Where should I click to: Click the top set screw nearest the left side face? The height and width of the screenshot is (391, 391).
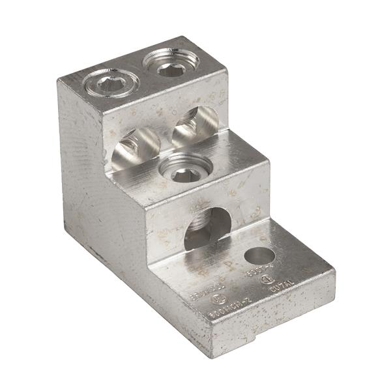[x=111, y=82]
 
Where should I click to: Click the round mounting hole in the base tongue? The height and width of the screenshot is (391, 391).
[x=259, y=255]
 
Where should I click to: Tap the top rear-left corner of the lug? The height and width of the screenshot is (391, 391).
[x=60, y=81]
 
